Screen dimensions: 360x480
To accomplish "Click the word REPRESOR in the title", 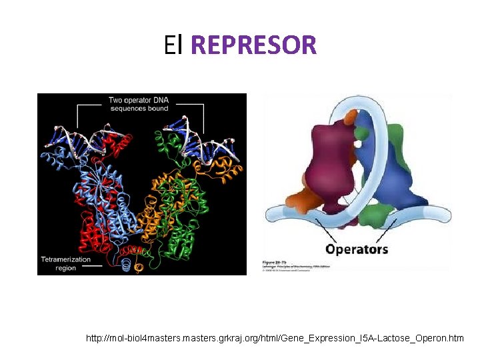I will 253,45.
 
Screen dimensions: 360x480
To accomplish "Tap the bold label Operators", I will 357,249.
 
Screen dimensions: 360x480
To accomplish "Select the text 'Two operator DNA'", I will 139,101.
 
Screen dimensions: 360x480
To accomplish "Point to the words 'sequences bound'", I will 138,108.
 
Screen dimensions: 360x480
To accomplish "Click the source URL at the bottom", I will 275,339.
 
